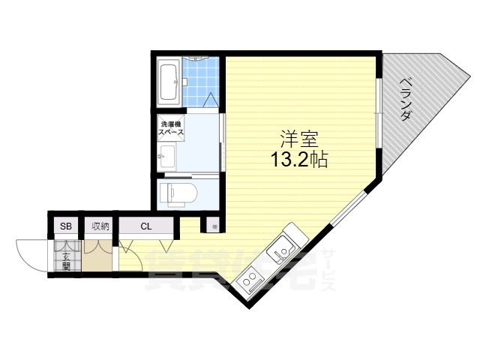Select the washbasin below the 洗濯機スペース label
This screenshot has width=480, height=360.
tap(166, 157)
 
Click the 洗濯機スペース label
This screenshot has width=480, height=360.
tap(172, 127)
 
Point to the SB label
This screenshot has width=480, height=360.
tap(65, 226)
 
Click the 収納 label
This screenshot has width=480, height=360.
tap(100, 226)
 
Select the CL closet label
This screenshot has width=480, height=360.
tap(146, 226)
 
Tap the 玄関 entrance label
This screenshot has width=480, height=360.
tap(66, 259)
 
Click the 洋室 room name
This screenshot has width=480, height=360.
tap(299, 139)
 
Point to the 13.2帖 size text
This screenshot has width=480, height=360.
tap(299, 160)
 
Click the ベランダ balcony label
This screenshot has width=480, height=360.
tap(406, 100)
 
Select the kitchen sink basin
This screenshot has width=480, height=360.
tap(283, 247)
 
